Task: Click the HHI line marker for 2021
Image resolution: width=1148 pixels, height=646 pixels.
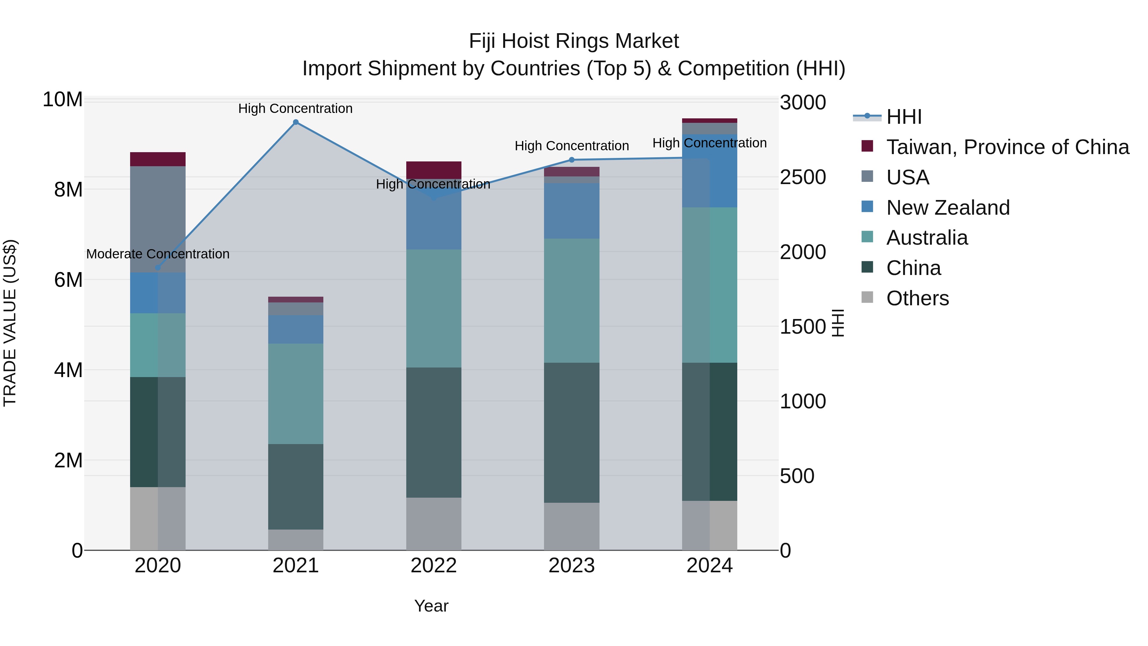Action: point(296,122)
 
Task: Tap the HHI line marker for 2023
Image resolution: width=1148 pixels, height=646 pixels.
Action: point(572,160)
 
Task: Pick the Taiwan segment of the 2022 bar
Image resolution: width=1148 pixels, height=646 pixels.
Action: point(434,170)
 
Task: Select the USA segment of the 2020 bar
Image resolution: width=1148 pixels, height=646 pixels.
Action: point(158,219)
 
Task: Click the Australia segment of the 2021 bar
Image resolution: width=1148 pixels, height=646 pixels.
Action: point(296,393)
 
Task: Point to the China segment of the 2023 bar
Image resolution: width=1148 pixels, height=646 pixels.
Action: point(572,433)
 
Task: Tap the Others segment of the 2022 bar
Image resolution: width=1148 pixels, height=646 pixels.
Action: point(434,523)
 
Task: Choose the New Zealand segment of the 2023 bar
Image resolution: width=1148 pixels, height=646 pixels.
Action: point(572,211)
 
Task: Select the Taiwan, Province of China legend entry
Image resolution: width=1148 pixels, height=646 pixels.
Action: point(1007,147)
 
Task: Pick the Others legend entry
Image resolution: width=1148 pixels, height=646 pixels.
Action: point(917,298)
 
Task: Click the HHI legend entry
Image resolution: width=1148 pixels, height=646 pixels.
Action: point(904,117)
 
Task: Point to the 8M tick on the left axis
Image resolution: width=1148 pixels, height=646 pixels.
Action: point(68,190)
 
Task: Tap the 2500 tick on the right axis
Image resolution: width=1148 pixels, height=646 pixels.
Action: point(803,177)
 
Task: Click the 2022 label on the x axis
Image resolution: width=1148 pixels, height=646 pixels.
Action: point(434,566)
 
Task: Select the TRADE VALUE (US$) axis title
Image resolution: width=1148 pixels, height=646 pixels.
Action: point(10,323)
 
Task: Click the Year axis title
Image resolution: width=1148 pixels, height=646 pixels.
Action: point(431,606)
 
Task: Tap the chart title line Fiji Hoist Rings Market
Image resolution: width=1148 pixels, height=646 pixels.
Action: point(574,41)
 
